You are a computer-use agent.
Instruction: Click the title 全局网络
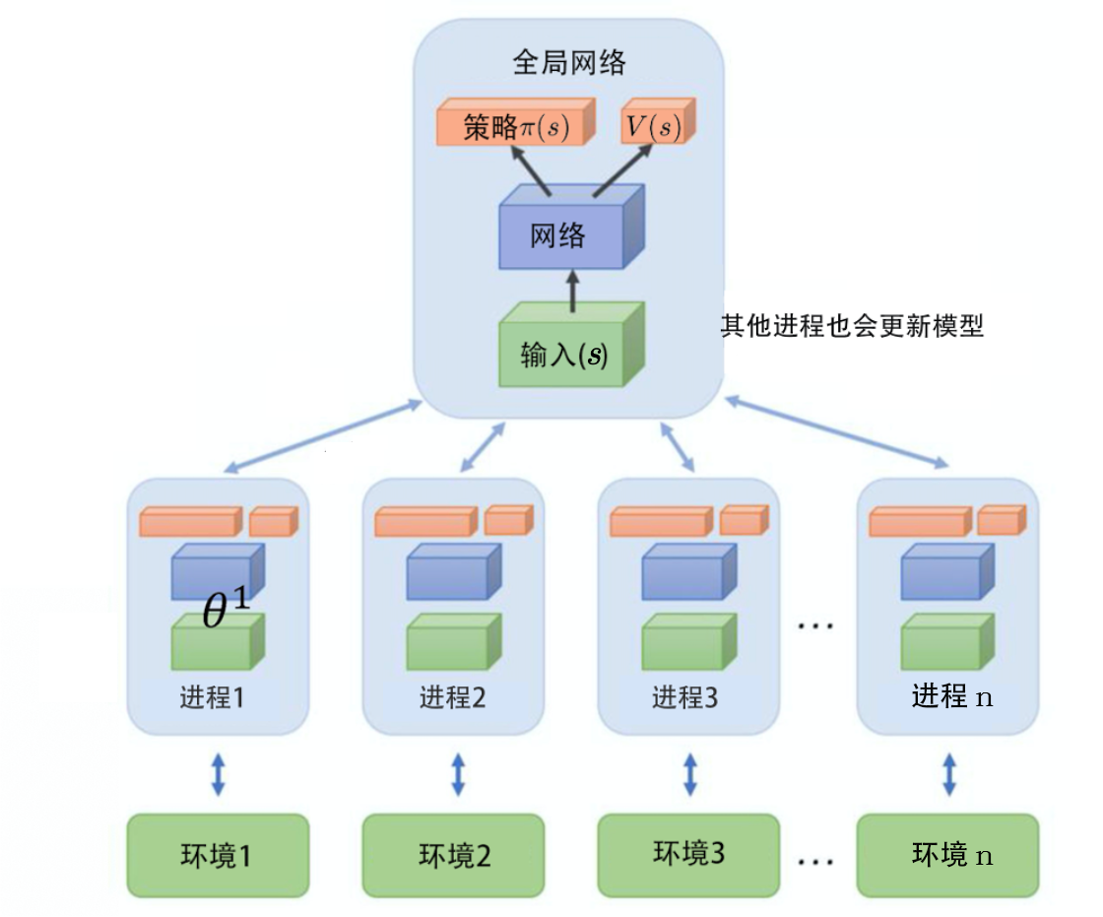click(x=569, y=64)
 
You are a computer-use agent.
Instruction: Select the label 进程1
click(x=212, y=698)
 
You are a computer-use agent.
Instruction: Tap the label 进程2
click(x=452, y=698)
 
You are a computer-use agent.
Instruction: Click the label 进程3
click(x=685, y=698)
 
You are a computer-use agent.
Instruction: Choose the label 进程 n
click(x=951, y=697)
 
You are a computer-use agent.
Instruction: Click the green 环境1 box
click(x=218, y=855)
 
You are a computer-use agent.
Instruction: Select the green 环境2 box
click(x=453, y=855)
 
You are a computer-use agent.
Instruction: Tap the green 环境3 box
click(x=688, y=853)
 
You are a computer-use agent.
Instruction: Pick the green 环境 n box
click(x=947, y=855)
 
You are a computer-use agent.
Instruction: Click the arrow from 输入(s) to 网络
click(x=568, y=289)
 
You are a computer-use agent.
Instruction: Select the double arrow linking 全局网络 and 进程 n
click(x=837, y=430)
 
